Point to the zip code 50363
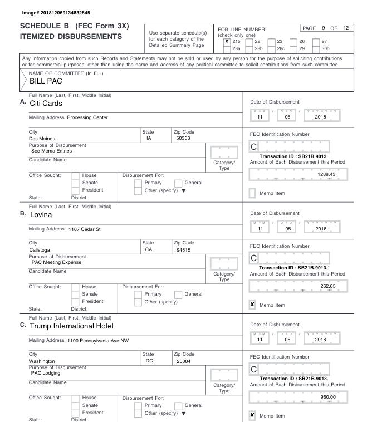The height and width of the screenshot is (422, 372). click(x=183, y=138)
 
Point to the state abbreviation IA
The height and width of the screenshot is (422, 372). click(x=148, y=138)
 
